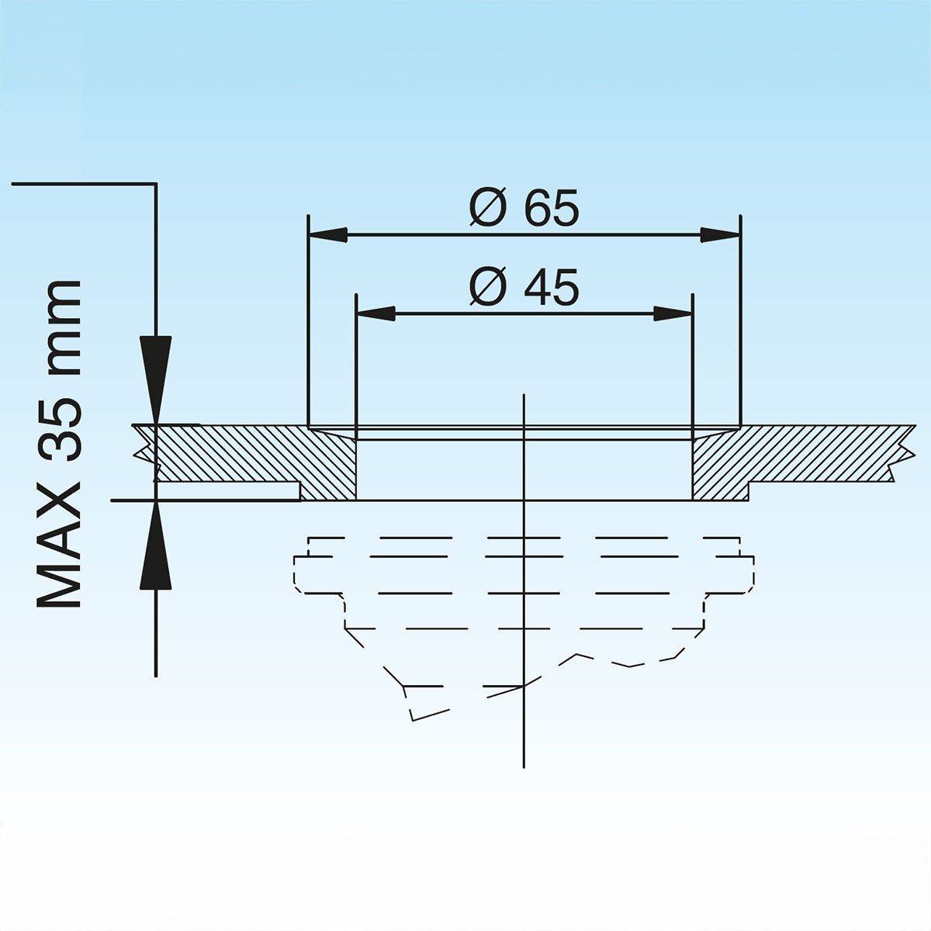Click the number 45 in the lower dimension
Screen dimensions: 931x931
point(551,288)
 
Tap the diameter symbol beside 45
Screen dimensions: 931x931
point(489,288)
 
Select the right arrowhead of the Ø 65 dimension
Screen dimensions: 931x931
point(720,234)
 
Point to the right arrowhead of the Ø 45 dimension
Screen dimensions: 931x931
point(672,313)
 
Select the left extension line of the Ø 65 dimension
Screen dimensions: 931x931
point(309,326)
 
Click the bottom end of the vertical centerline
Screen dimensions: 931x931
point(524,764)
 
